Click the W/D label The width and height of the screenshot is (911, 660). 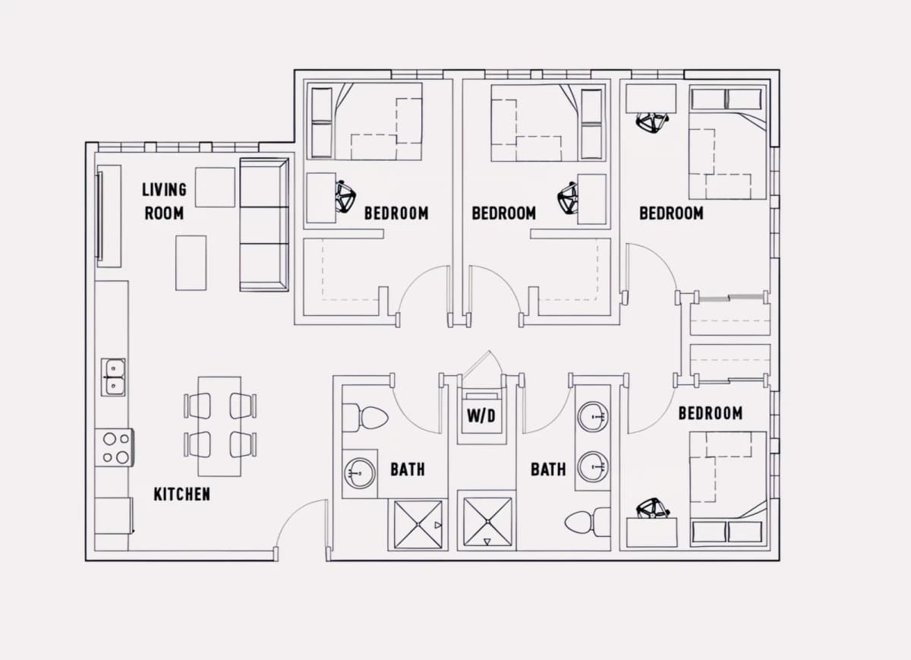pyautogui.click(x=481, y=416)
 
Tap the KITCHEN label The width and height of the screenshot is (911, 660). pyautogui.click(x=181, y=494)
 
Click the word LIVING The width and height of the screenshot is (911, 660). pyautogui.click(x=164, y=190)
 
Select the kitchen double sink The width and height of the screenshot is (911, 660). pyautogui.click(x=113, y=377)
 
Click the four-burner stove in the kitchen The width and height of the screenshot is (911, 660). pyautogui.click(x=115, y=447)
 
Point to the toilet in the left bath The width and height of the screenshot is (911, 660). pyautogui.click(x=365, y=417)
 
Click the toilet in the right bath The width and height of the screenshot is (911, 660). pyautogui.click(x=588, y=522)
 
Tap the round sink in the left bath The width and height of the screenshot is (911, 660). pyautogui.click(x=360, y=473)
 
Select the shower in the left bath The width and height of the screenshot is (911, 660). pyautogui.click(x=418, y=525)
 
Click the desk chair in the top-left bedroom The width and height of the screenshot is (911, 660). pyautogui.click(x=345, y=197)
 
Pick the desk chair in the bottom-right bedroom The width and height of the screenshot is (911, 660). pyautogui.click(x=653, y=508)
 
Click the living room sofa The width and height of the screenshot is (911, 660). pyautogui.click(x=264, y=225)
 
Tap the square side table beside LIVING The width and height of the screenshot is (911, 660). pyautogui.click(x=215, y=187)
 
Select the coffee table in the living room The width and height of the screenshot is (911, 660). pyautogui.click(x=191, y=263)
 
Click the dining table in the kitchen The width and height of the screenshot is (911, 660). pyautogui.click(x=219, y=426)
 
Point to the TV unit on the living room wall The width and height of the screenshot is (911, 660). pyautogui.click(x=108, y=216)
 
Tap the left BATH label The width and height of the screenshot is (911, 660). pyautogui.click(x=408, y=469)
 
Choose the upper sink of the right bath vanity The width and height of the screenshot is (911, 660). pyautogui.click(x=593, y=417)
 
